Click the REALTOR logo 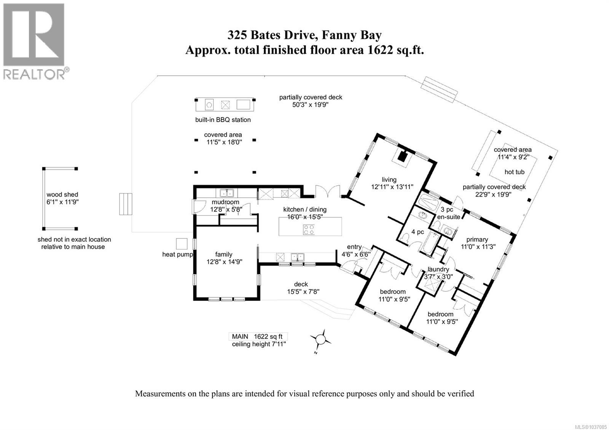(34, 41)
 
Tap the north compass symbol (320, 340)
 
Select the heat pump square (181, 244)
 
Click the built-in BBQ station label (223, 120)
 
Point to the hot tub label (514, 172)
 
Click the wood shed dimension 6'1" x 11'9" (62, 202)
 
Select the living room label (389, 180)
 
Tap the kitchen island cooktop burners (309, 229)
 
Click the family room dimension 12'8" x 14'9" (224, 262)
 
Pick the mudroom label (225, 202)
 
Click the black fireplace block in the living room (402, 156)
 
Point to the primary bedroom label (477, 239)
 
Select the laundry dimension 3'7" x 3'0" (438, 277)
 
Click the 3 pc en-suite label (449, 213)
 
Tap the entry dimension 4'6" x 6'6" (356, 254)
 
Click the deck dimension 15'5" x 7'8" (303, 291)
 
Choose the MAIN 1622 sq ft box (258, 336)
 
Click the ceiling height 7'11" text (258, 344)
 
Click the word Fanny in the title (339, 36)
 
